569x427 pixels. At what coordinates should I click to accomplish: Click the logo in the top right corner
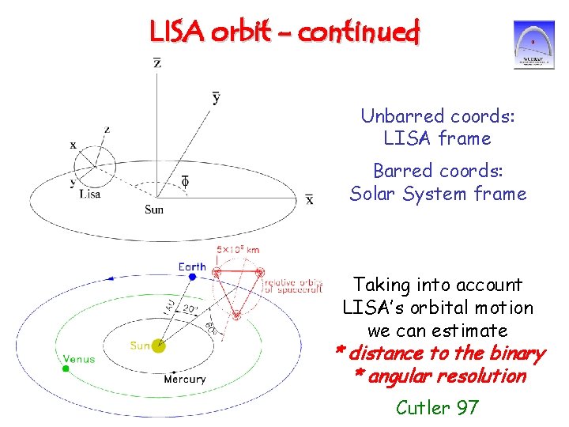pos(533,45)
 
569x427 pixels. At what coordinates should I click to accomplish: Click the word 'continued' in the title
pos(361,32)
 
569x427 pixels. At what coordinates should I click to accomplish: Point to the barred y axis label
pos(217,97)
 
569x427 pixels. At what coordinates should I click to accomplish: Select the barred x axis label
pos(309,199)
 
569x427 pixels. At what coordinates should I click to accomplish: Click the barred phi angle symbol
pos(185,182)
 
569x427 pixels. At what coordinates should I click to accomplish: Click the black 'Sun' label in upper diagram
pos(154,210)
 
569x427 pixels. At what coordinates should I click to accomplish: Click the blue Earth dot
pos(192,277)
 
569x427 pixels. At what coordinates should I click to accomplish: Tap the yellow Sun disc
pos(159,345)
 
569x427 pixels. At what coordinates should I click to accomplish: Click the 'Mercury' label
pos(184,380)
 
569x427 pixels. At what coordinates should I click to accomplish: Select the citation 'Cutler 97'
pos(437,407)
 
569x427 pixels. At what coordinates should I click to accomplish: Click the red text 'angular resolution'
pos(447,376)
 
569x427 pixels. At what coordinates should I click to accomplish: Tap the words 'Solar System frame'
pos(438,194)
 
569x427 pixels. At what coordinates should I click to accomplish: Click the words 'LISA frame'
pos(437,138)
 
